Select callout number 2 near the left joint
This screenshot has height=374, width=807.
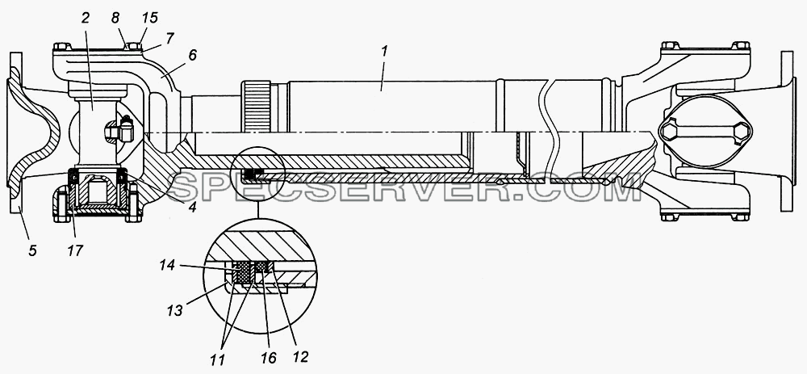pos(85,18)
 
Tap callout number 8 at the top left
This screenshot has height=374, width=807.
pos(115,18)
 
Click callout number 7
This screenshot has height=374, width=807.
pos(169,38)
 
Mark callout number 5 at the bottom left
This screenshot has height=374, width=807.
pos(32,251)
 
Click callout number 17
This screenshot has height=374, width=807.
pos(74,251)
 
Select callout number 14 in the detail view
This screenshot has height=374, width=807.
pos(167,266)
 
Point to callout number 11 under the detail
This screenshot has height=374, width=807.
pos(218,359)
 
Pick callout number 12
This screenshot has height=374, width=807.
pos(300,355)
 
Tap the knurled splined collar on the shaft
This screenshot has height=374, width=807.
pos(257,106)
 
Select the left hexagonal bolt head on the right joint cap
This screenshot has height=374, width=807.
pos(670,132)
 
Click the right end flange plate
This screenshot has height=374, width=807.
pos(788,132)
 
